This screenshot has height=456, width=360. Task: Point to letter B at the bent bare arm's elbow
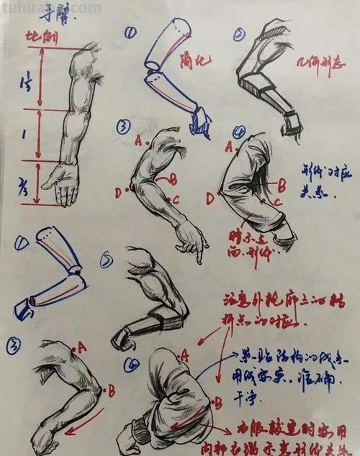pyautogui.click(x=112, y=391)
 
